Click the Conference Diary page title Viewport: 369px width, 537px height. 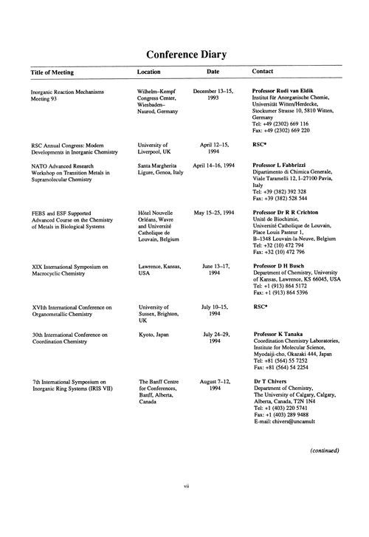tap(184, 54)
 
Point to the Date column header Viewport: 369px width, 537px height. tap(213, 72)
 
